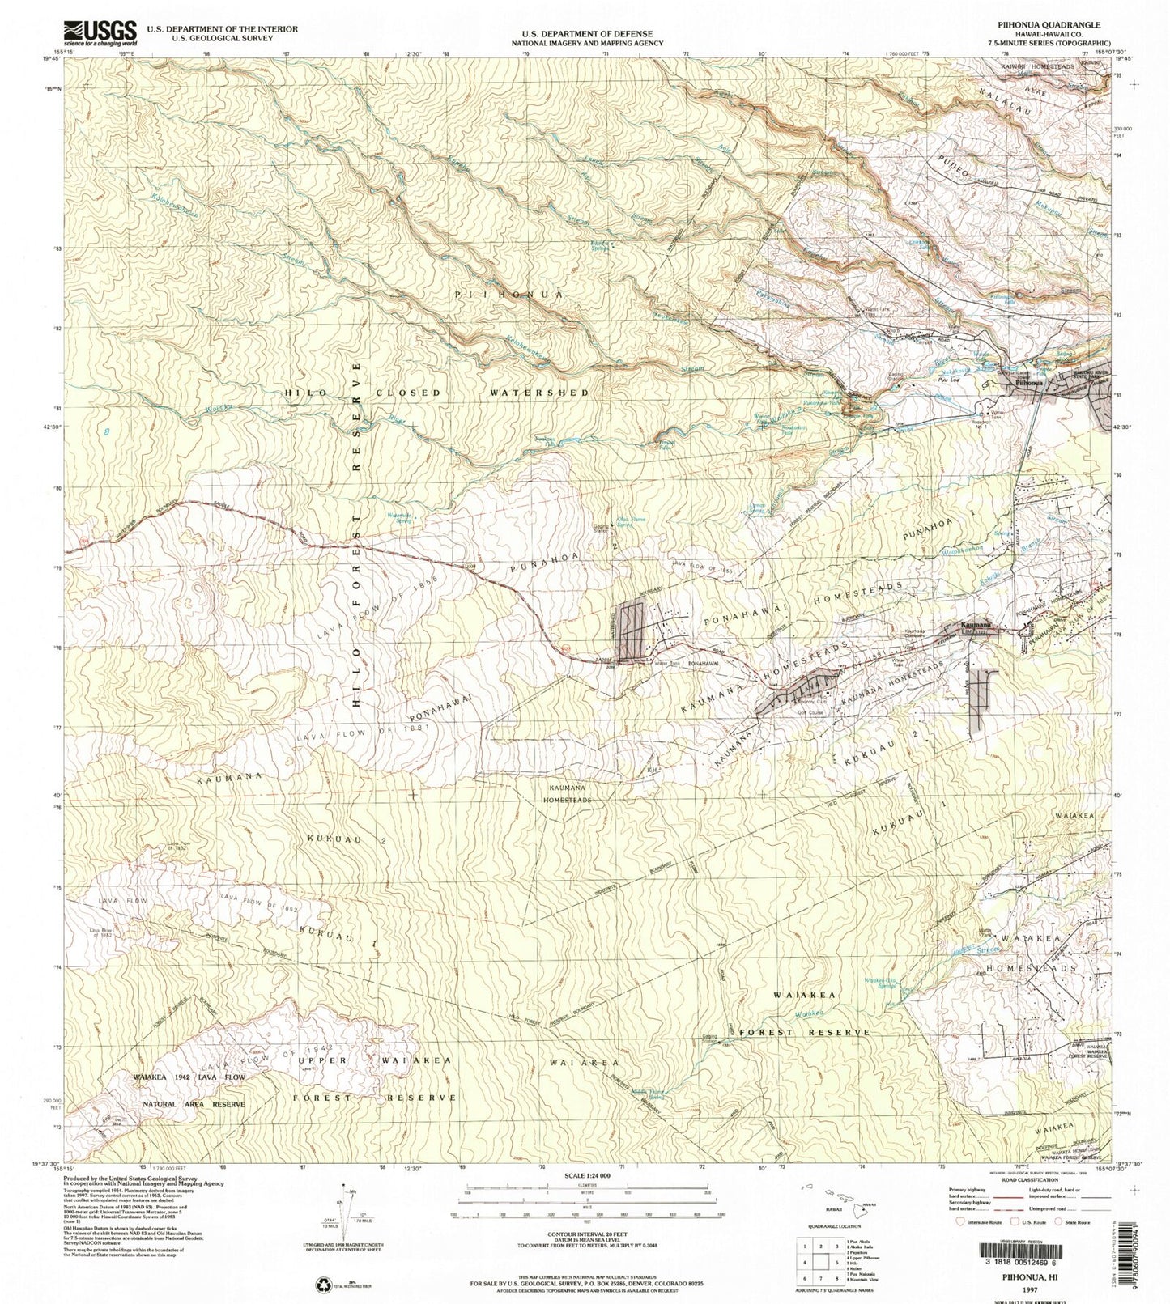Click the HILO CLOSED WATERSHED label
pyautogui.click(x=437, y=393)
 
